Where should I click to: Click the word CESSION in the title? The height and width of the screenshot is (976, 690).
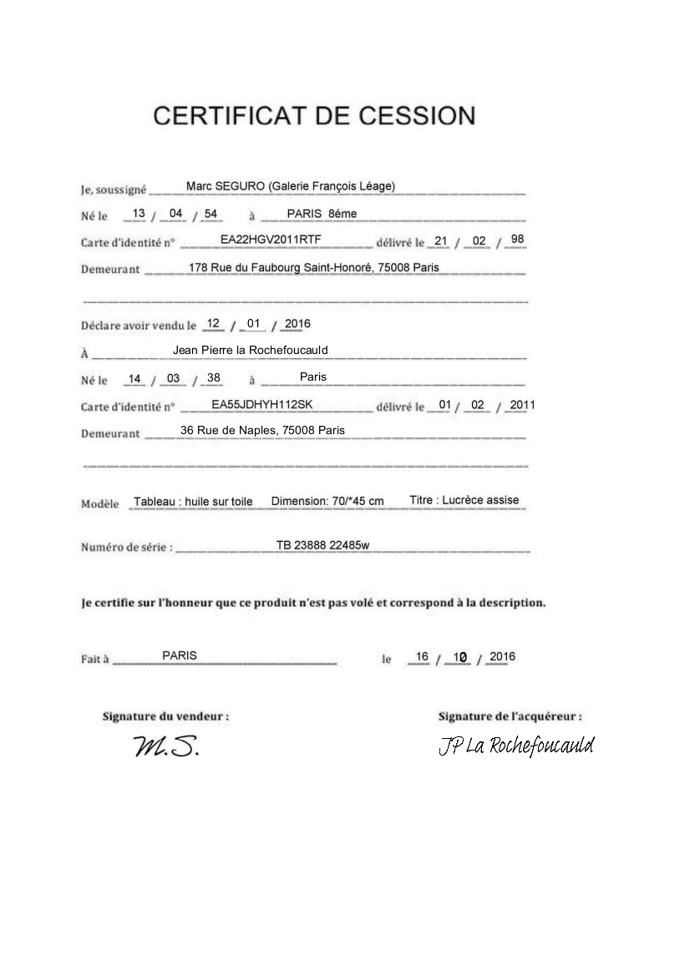coord(414,116)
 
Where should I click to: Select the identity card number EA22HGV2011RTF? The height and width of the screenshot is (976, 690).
coord(271,240)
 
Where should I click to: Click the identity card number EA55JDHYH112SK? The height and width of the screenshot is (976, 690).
coord(261,404)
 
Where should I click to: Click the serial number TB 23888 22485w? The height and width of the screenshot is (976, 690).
coord(322,545)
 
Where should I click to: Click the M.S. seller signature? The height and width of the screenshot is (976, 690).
coord(166,747)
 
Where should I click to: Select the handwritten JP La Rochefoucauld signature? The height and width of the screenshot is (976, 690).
coord(515,746)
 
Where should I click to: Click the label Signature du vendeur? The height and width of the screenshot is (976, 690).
coord(165,716)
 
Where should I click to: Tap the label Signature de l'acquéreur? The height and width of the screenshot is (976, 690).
coord(510,716)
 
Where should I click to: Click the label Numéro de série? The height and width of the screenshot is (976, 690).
coord(127,548)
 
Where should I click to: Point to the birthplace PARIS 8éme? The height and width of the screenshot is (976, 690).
coord(322,214)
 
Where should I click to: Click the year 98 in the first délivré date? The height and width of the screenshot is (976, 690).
coord(517,240)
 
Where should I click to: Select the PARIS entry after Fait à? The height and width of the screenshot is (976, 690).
coord(180,655)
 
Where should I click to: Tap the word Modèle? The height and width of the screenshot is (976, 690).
coord(100,503)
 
